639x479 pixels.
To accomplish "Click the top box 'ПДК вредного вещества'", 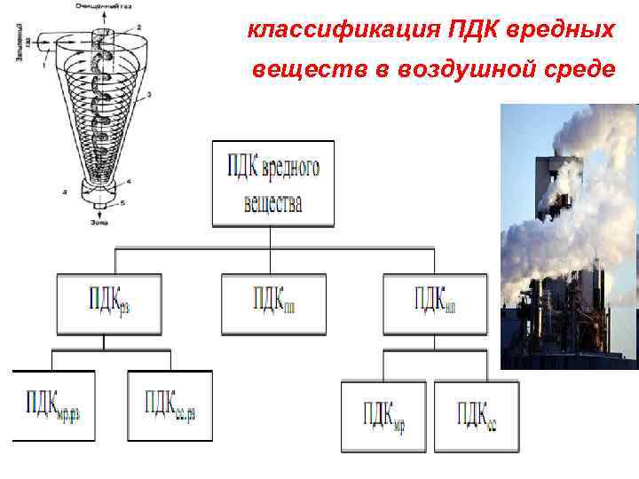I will coord(273,183).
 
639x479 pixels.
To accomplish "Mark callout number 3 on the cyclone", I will coord(148,93).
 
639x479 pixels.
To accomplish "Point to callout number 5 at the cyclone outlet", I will coord(122,203).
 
